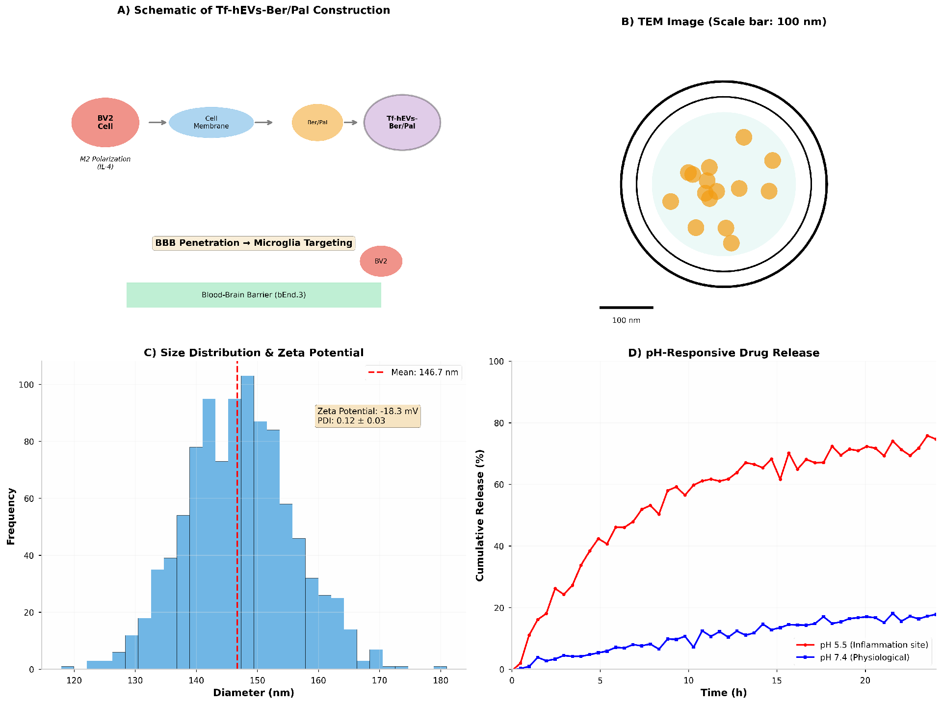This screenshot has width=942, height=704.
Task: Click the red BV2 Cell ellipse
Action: tap(105, 122)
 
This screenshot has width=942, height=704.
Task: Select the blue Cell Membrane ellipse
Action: tap(211, 122)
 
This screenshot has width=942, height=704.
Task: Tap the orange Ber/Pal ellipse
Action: tap(317, 122)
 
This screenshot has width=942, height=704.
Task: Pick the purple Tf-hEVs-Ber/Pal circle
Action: tap(402, 122)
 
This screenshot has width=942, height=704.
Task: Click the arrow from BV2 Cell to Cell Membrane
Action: tap(157, 122)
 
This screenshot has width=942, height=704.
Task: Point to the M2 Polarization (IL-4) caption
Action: tap(105, 162)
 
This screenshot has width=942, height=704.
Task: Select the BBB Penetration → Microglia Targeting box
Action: tap(254, 243)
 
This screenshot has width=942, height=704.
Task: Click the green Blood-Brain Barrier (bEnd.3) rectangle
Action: tap(254, 295)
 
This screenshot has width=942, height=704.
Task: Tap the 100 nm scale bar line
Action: tap(626, 308)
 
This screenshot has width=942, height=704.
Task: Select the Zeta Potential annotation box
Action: tap(367, 416)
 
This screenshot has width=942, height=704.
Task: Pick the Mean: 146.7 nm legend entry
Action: tap(414, 372)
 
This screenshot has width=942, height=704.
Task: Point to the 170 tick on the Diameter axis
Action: tap(379, 680)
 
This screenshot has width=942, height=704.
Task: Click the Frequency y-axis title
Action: tap(11, 516)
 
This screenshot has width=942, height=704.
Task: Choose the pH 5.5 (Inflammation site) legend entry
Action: tap(863, 645)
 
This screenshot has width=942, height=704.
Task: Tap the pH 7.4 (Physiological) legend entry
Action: tap(854, 657)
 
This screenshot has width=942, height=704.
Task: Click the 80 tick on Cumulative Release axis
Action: tap(498, 423)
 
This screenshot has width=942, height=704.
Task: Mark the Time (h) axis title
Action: tap(724, 693)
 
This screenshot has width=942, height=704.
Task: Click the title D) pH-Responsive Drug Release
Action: tap(724, 353)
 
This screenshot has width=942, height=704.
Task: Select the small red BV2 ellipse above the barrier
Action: tap(381, 261)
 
